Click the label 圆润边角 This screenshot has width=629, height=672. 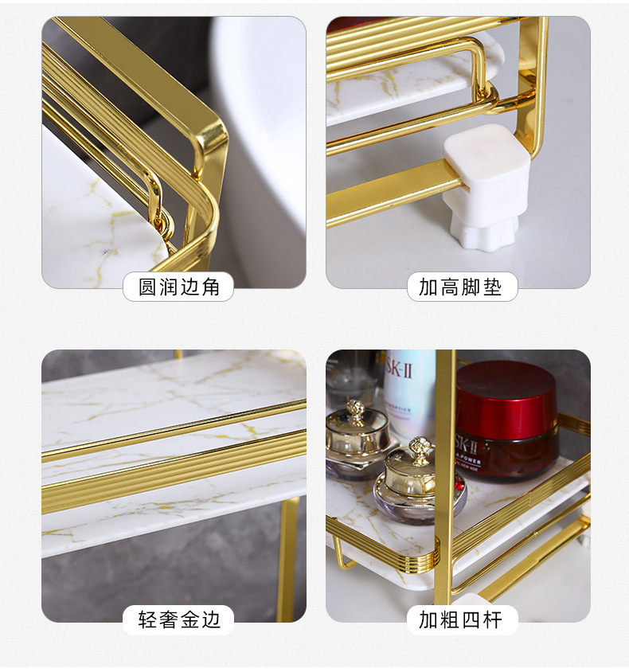click(178, 287)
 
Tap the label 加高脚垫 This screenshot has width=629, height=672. click(461, 287)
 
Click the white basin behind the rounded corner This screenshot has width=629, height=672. click(263, 119)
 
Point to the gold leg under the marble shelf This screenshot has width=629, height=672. click(287, 557)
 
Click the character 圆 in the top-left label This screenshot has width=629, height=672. click(147, 287)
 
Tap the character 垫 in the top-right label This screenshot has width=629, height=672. click(493, 287)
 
